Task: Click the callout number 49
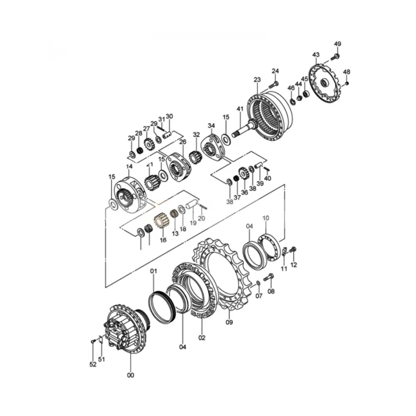[x=337, y=44]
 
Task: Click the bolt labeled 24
[x=273, y=84]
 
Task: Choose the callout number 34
[x=211, y=126]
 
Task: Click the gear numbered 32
[x=195, y=157]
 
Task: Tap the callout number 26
[x=182, y=142]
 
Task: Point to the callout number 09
[x=229, y=322]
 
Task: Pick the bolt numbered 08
[x=268, y=276]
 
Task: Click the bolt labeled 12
[x=293, y=249]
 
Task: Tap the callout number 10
[x=266, y=218]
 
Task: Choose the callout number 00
[x=131, y=375]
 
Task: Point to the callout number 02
[x=202, y=338]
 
